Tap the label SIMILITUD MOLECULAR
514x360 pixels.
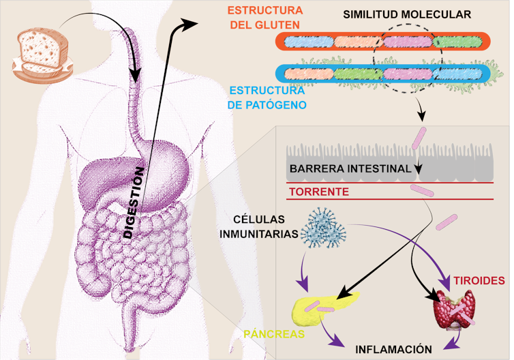point(406,14)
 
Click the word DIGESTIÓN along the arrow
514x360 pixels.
point(134,202)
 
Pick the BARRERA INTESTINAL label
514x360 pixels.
point(350,168)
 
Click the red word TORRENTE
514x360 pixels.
point(319,192)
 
